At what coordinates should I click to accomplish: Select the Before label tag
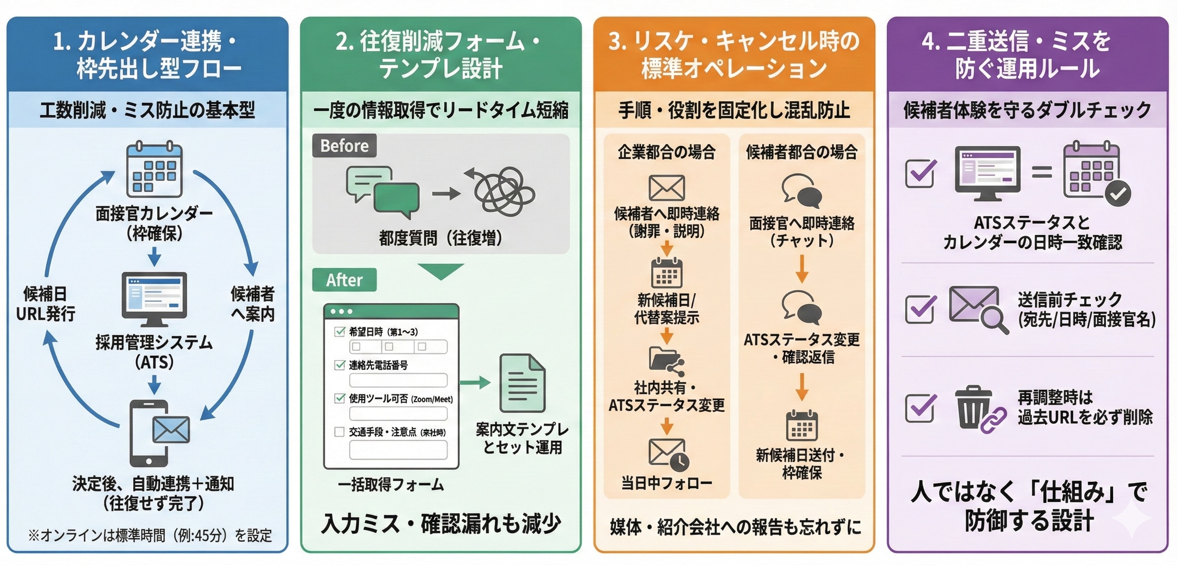(344, 146)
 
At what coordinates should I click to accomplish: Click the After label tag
(344, 279)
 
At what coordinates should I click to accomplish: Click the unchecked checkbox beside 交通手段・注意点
(339, 432)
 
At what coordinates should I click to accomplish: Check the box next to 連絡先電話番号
(339, 365)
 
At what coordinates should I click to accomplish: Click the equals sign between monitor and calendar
(1041, 172)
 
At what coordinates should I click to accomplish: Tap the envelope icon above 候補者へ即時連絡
(666, 188)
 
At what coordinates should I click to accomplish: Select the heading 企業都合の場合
(666, 152)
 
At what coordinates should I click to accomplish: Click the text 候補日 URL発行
(45, 304)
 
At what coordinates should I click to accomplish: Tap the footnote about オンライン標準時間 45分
(150, 535)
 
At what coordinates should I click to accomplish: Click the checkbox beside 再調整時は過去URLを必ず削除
(920, 407)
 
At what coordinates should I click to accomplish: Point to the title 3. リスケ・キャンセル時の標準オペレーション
(734, 54)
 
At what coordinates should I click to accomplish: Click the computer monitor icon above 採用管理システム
(154, 298)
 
